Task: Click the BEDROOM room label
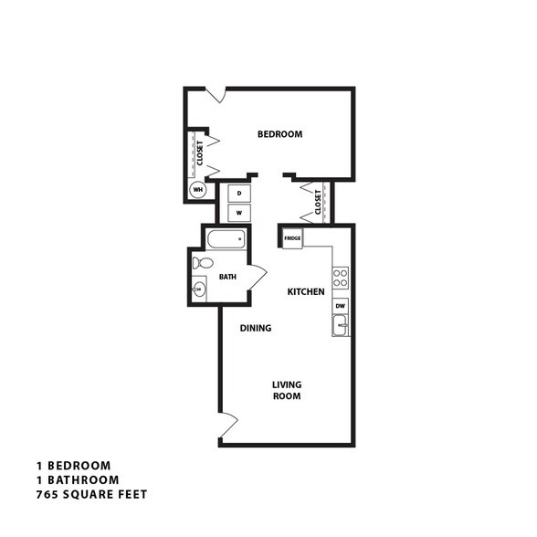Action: pyautogui.click(x=279, y=134)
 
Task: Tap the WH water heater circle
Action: pyautogui.click(x=197, y=190)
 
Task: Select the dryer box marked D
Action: pyautogui.click(x=238, y=193)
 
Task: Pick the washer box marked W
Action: pyautogui.click(x=238, y=212)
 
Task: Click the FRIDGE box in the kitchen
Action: pyautogui.click(x=292, y=237)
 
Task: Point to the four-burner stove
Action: pyautogui.click(x=340, y=278)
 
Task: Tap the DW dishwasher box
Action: pyautogui.click(x=340, y=306)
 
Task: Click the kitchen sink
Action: pyautogui.click(x=340, y=324)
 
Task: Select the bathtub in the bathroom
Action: pyautogui.click(x=226, y=241)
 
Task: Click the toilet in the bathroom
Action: pyautogui.click(x=203, y=264)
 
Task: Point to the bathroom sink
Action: pyautogui.click(x=199, y=290)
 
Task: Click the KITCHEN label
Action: pyautogui.click(x=306, y=291)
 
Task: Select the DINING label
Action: pyautogui.click(x=256, y=327)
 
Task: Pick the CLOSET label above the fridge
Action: pyautogui.click(x=317, y=203)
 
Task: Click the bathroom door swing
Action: pyautogui.click(x=257, y=273)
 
